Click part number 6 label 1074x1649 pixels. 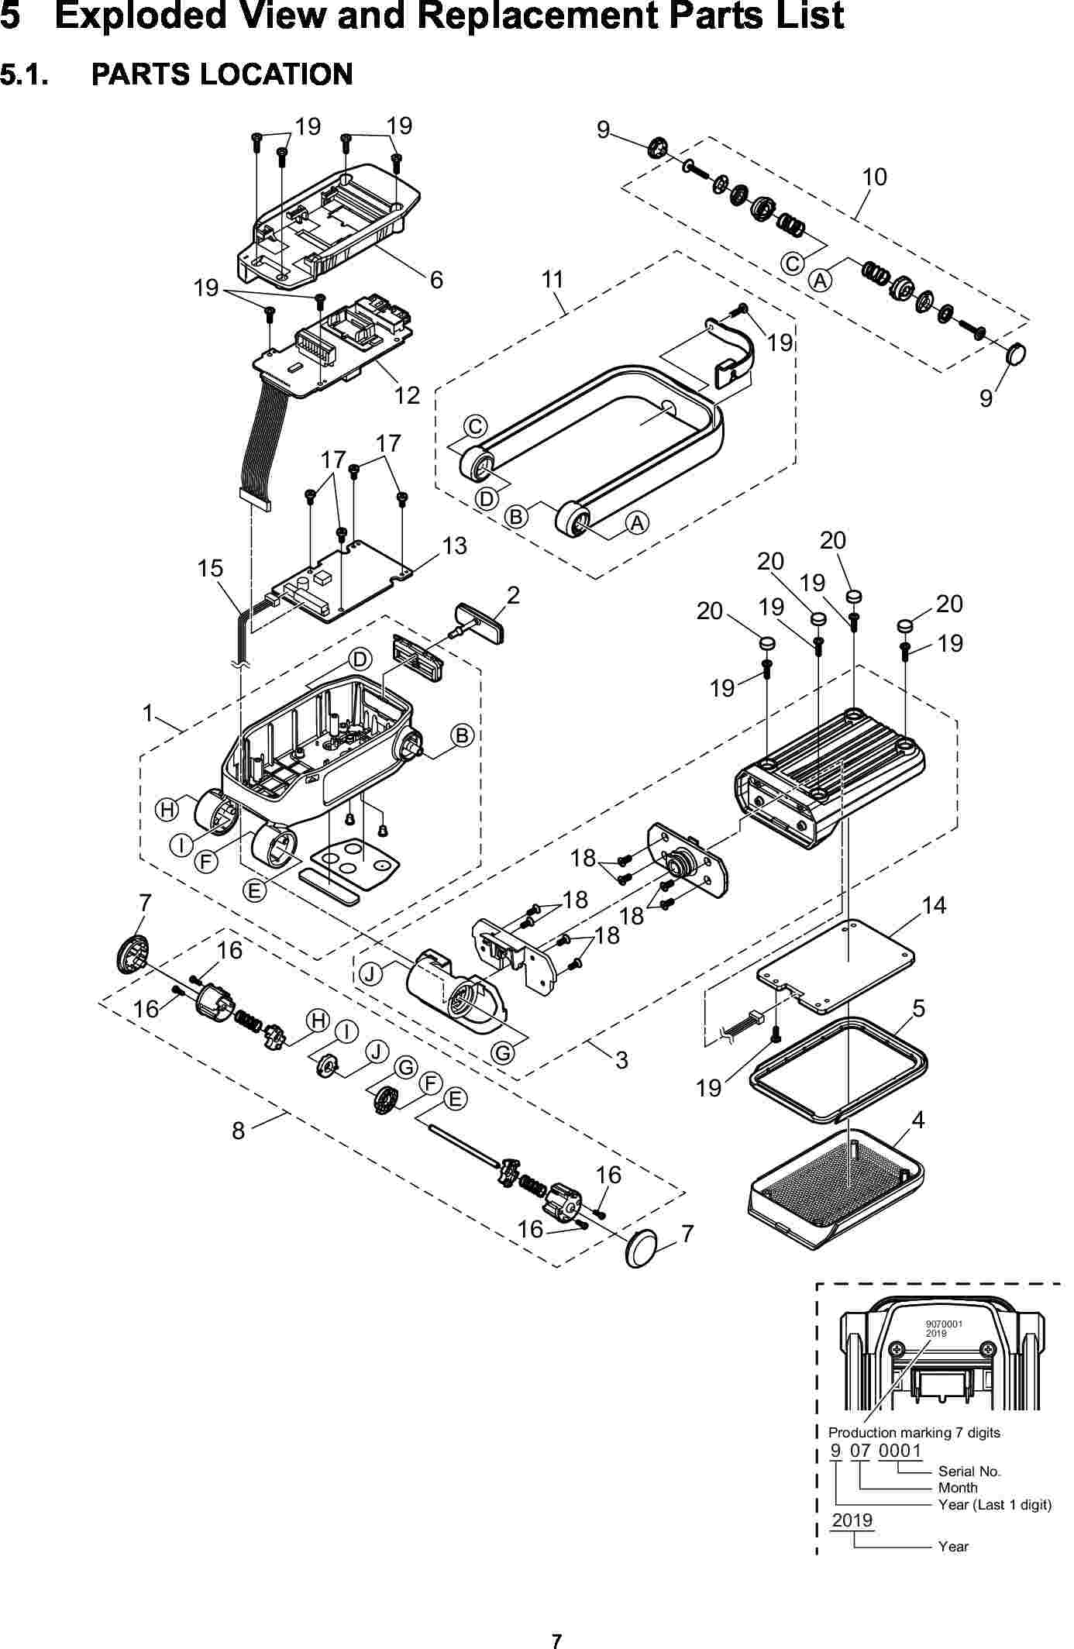coord(436,280)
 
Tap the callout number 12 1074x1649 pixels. coord(407,396)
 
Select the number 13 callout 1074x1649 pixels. coord(455,546)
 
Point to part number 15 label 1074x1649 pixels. coord(210,568)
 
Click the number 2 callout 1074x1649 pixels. coord(513,595)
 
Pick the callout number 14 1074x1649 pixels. coord(935,904)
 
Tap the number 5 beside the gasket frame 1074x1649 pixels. coord(919,1008)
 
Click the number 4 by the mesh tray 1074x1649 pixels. coord(918,1120)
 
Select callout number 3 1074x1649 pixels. coord(621,1059)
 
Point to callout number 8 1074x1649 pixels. coord(239,1131)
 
